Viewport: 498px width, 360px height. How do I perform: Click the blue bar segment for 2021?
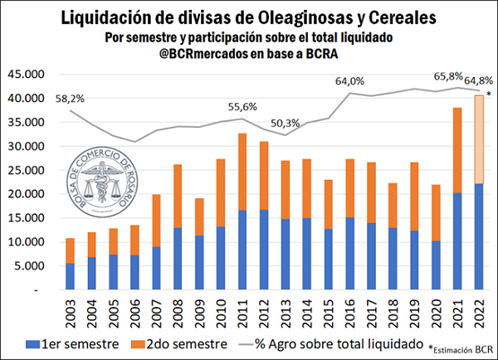pyautogui.click(x=456, y=241)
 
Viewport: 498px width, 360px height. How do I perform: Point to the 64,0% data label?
pyautogui.click(x=350, y=81)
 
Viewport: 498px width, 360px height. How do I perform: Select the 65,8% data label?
pyautogui.click(x=447, y=76)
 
